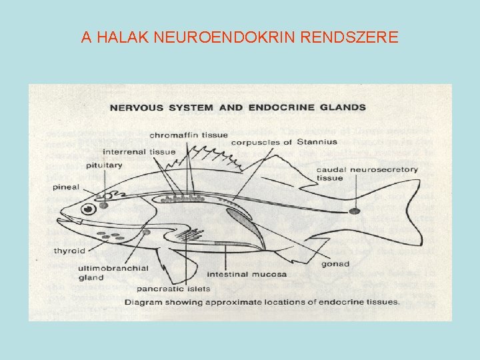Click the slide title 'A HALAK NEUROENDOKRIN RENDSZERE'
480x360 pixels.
click(x=240, y=37)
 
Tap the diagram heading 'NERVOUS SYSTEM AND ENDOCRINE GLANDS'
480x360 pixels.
click(x=237, y=107)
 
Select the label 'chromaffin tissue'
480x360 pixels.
click(x=189, y=137)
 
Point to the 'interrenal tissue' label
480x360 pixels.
click(x=139, y=151)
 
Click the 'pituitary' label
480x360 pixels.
click(x=104, y=164)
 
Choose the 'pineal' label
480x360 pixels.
click(x=66, y=187)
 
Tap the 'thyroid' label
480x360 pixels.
click(x=69, y=251)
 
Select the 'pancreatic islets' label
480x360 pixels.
click(x=173, y=289)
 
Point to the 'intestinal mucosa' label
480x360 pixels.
click(x=247, y=274)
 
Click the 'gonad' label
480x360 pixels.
click(x=335, y=264)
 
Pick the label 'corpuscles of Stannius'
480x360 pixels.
click(x=271, y=142)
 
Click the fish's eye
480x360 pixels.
click(x=87, y=209)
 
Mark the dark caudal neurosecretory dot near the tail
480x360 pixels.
click(x=354, y=211)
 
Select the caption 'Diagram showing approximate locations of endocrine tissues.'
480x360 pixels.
click(x=261, y=301)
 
